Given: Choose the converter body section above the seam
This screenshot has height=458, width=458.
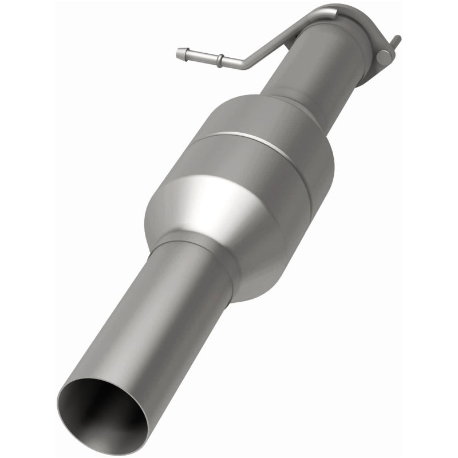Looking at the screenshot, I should pos(269,123).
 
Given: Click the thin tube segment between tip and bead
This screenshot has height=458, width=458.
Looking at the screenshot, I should pos(200,56).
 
